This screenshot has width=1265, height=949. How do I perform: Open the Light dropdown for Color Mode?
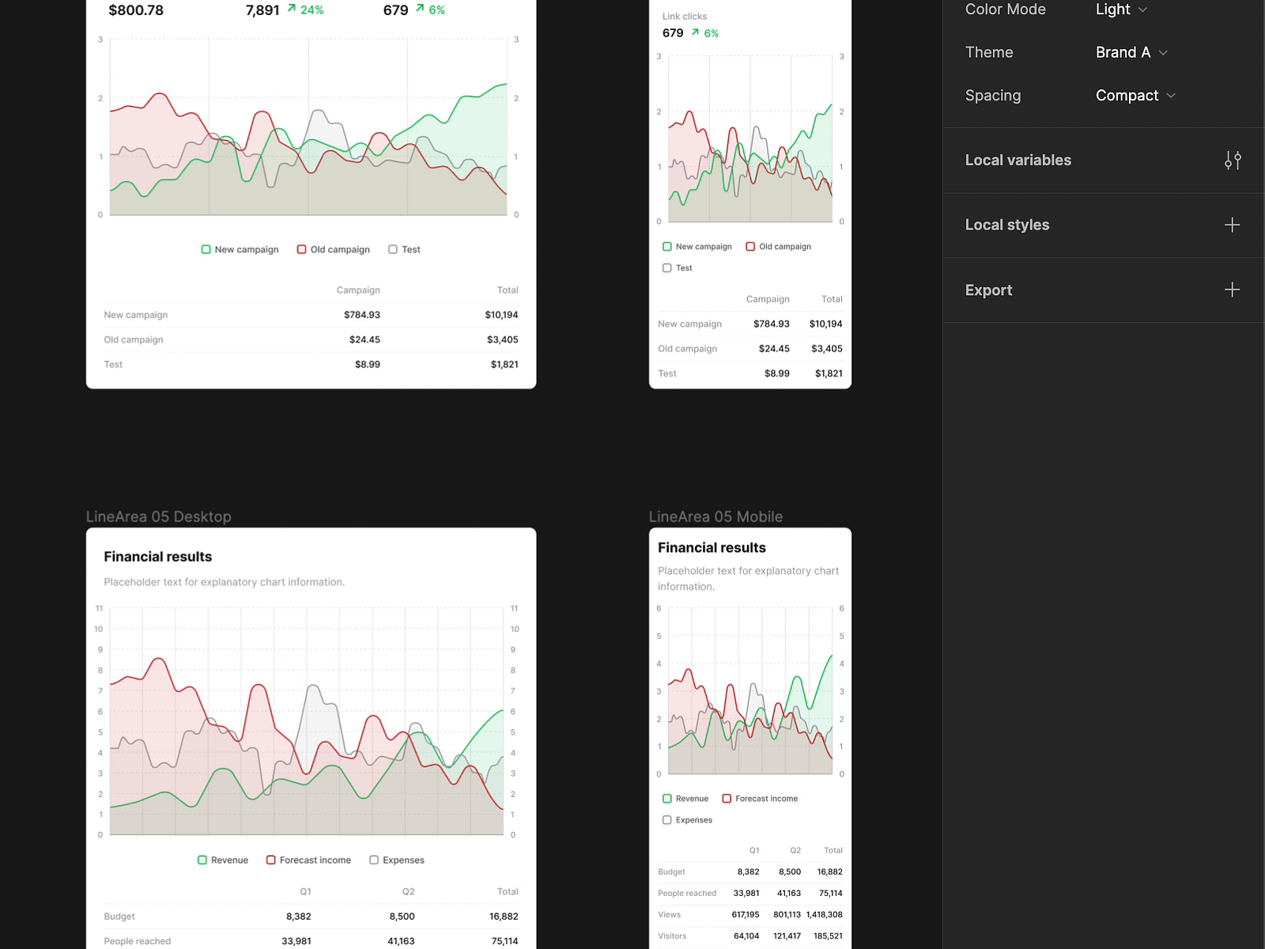[x=1120, y=9]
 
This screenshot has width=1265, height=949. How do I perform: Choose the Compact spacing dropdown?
[x=1135, y=96]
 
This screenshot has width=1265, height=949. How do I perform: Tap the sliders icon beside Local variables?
[x=1233, y=161]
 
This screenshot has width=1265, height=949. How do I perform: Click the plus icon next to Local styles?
[x=1232, y=225]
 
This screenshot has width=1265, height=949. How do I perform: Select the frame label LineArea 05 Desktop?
[x=158, y=516]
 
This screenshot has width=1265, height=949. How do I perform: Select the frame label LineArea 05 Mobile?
[x=716, y=516]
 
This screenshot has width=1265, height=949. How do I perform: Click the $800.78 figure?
[x=136, y=10]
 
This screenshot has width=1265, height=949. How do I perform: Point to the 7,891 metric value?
[x=262, y=10]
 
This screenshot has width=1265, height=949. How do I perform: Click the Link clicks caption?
[x=685, y=17]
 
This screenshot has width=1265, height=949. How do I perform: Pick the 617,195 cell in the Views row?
[x=746, y=914]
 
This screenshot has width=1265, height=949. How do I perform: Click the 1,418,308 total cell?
[x=824, y=914]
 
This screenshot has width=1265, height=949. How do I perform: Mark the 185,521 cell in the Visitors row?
[x=828, y=936]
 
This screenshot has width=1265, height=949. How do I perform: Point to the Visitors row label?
[x=672, y=936]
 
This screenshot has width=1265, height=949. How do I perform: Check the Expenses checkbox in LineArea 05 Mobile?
[x=667, y=820]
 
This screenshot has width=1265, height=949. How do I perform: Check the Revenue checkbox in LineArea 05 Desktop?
[x=202, y=860]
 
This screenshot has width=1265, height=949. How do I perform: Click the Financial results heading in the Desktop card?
[x=158, y=557]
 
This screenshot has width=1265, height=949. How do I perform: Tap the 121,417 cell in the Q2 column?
[x=787, y=936]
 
